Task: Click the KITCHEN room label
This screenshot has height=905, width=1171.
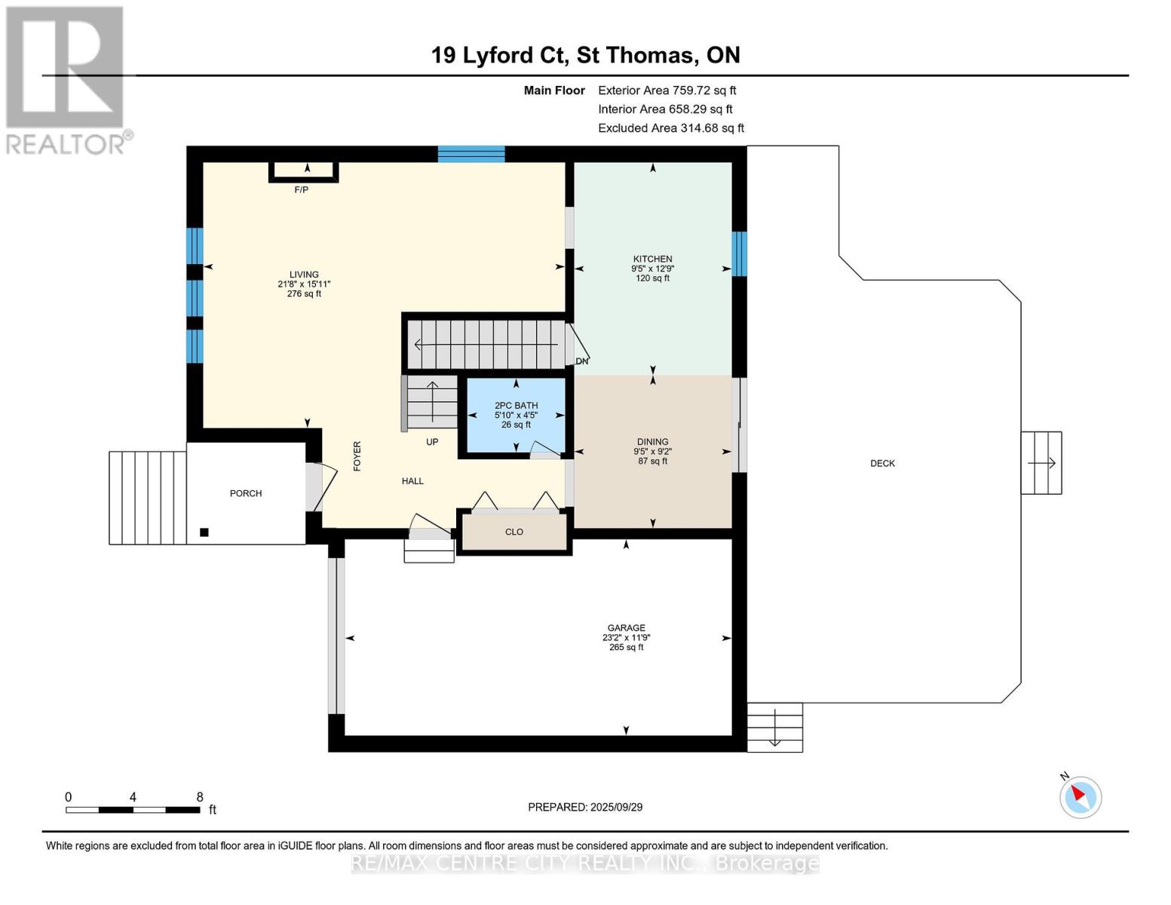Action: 652,259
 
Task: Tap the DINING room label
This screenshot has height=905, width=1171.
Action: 652,441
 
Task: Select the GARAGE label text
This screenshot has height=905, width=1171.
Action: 626,627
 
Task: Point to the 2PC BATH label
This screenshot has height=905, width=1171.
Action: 517,405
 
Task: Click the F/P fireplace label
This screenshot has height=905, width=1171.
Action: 302,190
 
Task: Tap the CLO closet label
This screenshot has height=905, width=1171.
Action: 514,532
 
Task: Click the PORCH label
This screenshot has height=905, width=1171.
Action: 246,493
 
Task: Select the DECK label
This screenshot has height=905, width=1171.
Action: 883,463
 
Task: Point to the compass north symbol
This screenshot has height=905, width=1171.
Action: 1080,796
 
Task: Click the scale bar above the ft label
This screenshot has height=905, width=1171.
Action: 133,809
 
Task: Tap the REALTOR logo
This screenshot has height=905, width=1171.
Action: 67,81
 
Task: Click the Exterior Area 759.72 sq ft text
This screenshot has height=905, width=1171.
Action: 667,90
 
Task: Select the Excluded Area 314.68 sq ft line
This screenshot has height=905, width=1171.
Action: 671,128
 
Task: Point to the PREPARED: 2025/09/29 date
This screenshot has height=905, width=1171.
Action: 585,807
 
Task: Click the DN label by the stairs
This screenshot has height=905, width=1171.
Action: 582,361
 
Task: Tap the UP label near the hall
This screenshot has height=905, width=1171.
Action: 432,441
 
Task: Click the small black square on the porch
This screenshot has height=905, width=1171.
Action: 204,532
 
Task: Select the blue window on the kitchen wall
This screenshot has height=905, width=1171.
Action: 740,253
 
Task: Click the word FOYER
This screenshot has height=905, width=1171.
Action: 357,456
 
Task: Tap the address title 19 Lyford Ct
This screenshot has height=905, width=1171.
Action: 500,55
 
